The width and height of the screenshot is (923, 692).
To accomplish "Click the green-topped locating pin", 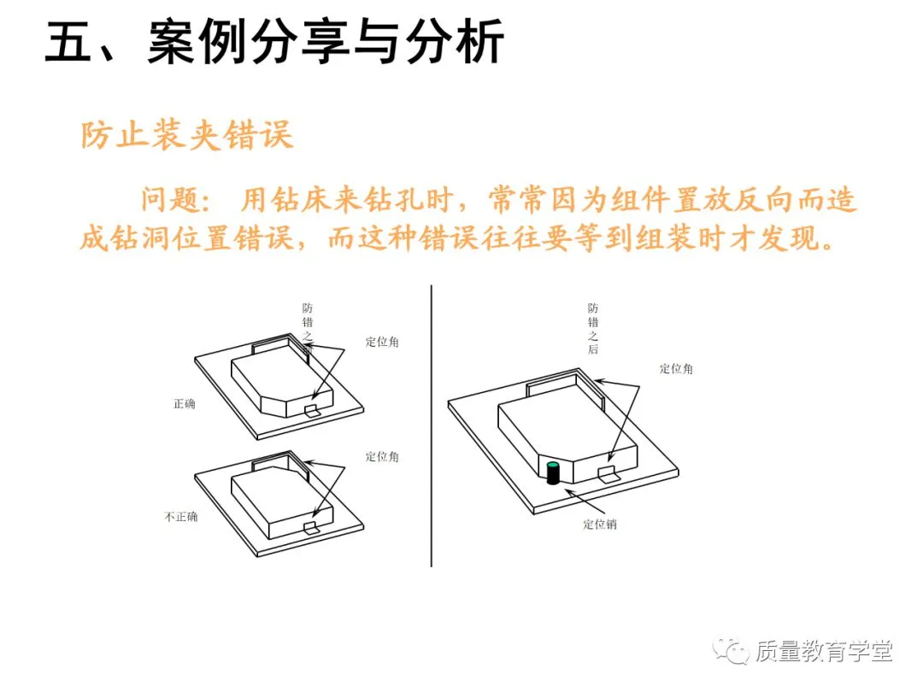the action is pyautogui.click(x=553, y=472).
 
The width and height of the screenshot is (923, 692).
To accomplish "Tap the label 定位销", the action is pyautogui.click(x=599, y=525).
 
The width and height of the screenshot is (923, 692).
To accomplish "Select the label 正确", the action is pyautogui.click(x=184, y=403).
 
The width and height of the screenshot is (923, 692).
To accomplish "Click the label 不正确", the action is pyautogui.click(x=180, y=516).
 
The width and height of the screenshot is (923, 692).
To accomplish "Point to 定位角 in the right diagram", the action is pyautogui.click(x=676, y=369).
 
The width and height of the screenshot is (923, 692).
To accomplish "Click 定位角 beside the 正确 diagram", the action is pyautogui.click(x=382, y=342).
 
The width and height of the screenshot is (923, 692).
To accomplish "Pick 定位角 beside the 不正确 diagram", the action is pyautogui.click(x=382, y=456).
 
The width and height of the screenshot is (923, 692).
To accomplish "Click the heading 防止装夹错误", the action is pyautogui.click(x=187, y=135).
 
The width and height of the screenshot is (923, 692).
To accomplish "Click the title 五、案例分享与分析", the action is pyautogui.click(x=274, y=43).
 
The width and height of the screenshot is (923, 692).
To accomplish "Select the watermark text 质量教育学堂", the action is pyautogui.click(x=823, y=652).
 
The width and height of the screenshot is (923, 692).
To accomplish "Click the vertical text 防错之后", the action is pyautogui.click(x=593, y=330).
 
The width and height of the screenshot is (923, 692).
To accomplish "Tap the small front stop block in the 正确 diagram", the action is pyautogui.click(x=313, y=411).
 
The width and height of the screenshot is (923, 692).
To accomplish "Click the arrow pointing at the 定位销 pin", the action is pyautogui.click(x=585, y=499).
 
